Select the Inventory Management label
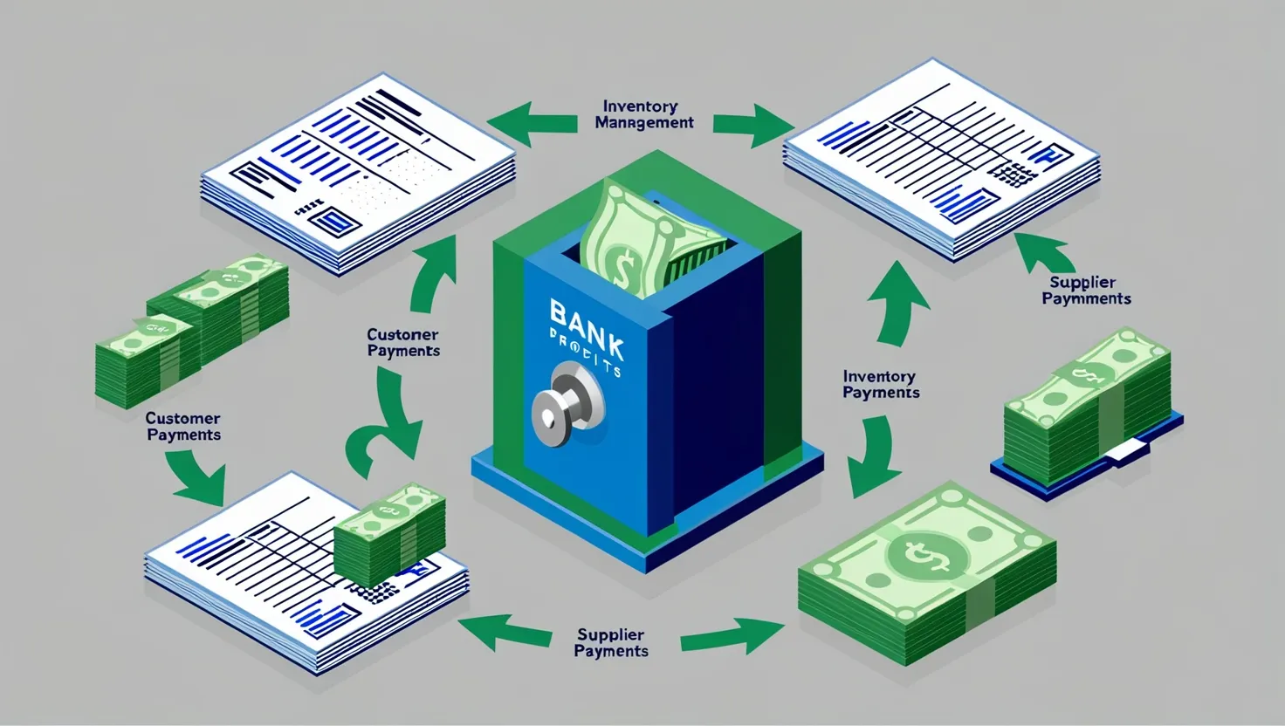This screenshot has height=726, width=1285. pos(644,114)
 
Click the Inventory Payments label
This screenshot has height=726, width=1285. pos(880,384)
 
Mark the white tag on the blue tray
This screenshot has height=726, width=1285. pos(1133,449)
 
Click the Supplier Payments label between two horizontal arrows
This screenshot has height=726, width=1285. pos(611,643)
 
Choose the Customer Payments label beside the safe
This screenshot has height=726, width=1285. pos(402,342)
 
